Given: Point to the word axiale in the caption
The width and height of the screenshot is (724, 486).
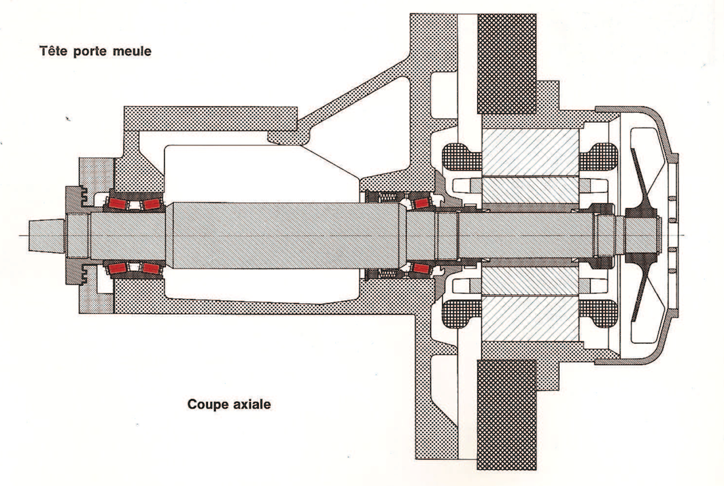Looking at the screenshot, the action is [254, 404].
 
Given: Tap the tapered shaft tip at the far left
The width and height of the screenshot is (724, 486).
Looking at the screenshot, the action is [47, 235].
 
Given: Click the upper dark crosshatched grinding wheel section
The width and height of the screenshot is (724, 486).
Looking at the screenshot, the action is [507, 64].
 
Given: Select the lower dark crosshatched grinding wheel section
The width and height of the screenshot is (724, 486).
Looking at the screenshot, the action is [507, 415].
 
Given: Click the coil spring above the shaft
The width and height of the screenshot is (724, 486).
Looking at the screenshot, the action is [386, 198].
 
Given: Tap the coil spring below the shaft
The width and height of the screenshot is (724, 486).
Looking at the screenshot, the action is [386, 273].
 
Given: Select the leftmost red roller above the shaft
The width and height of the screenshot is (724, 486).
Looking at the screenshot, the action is [118, 203].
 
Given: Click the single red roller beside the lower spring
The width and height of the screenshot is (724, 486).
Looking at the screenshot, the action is [421, 268].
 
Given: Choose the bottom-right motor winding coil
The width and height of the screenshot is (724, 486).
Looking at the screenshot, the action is [598, 314].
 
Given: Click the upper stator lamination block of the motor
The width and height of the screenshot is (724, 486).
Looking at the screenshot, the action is [530, 152].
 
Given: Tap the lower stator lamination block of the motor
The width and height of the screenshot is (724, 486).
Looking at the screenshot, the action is [530, 319].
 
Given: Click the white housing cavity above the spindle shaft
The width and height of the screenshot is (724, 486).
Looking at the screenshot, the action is [258, 173].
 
